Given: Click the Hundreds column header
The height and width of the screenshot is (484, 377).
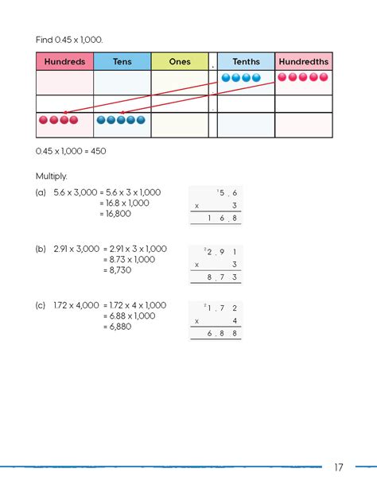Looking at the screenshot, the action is tap(64, 61).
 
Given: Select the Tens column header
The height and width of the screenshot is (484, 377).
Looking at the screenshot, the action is tap(122, 61).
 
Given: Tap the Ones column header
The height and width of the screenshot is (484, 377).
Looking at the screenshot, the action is tap(179, 61).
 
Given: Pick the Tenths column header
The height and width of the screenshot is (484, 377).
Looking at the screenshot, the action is tap(246, 61).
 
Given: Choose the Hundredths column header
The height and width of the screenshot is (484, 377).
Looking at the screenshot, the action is tap(304, 61).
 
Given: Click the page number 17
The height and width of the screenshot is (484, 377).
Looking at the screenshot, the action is tap(340, 467).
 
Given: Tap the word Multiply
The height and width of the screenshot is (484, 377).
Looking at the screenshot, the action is tap(51, 176).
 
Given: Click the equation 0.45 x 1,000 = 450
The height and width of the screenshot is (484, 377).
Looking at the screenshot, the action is tap(71, 151).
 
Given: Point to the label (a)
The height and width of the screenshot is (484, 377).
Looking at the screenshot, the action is tap(41, 192).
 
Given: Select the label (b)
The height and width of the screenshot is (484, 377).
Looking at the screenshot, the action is tap(41, 249).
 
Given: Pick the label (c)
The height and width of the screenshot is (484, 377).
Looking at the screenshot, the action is tap(41, 305).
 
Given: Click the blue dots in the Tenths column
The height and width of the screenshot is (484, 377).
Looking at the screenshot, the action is tap(241, 78).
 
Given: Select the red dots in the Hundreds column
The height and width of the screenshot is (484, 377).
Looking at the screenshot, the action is tap(60, 120).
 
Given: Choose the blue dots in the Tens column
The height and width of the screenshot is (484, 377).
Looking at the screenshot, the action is tap(121, 120).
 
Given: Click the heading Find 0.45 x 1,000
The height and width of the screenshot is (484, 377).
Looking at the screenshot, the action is tap(69, 39).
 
